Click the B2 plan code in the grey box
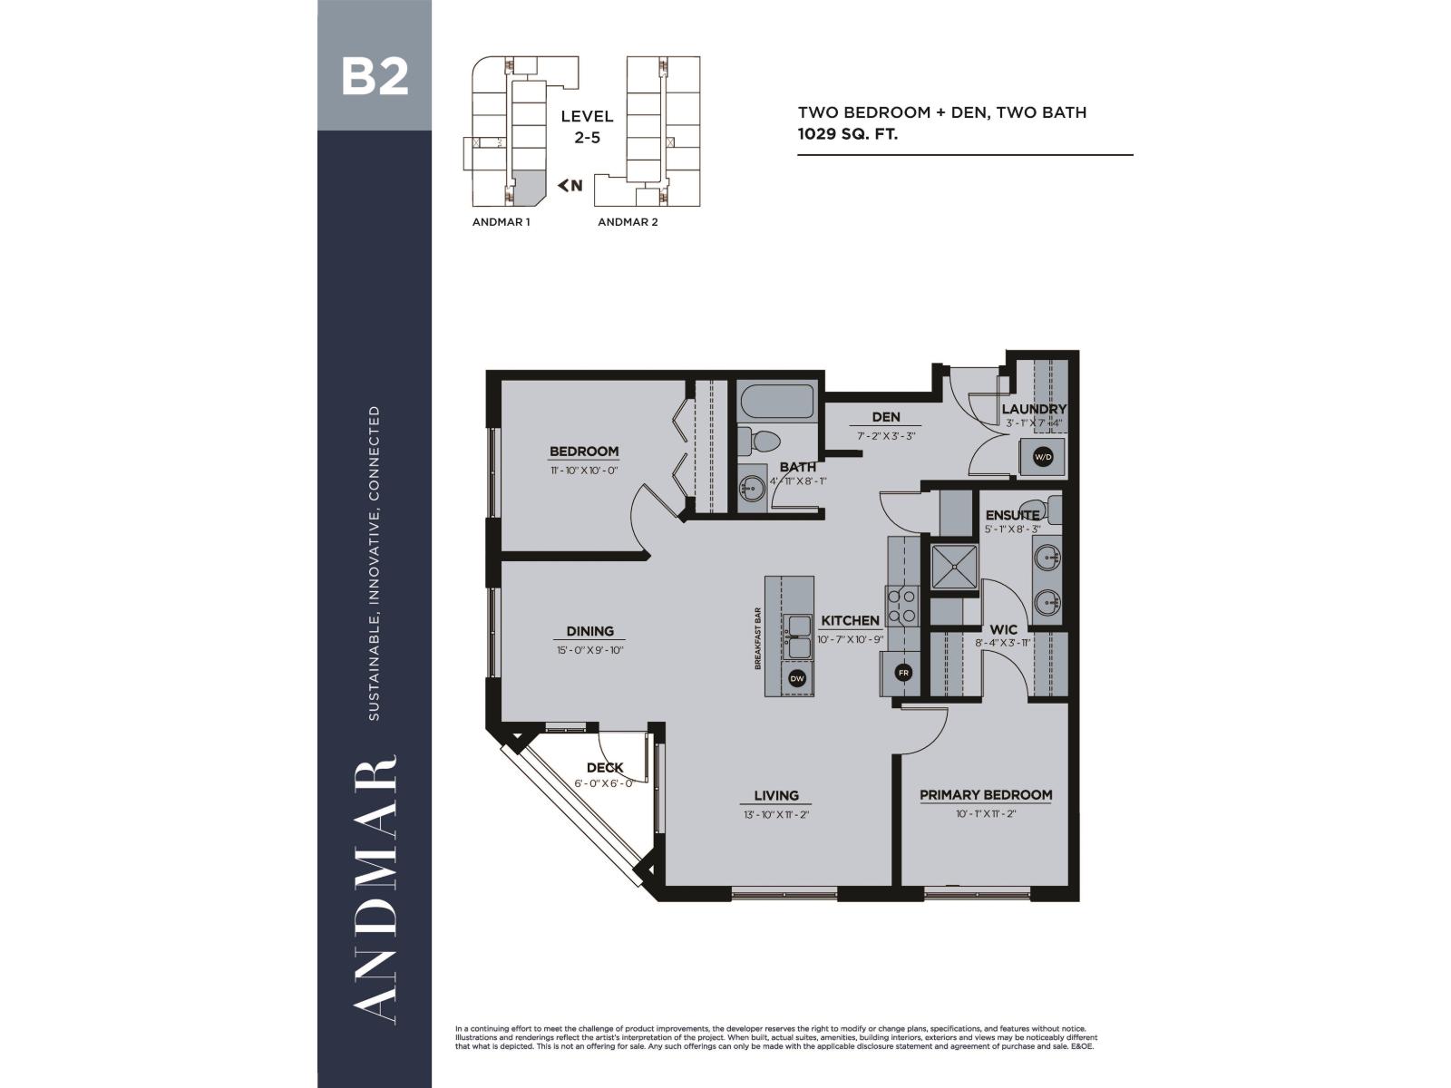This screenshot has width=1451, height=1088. coord(375,77)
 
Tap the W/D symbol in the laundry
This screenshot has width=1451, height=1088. coord(1043,457)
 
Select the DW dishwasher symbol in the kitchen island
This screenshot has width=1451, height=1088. coord(797,678)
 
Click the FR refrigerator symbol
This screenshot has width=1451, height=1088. coord(903,673)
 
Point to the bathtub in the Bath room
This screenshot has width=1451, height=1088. coord(776,400)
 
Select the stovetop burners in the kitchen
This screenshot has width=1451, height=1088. coord(902,606)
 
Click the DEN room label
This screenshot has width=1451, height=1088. coord(885,417)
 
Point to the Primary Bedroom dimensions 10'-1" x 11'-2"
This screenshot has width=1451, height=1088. coord(986,814)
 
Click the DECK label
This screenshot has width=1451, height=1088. coord(605,768)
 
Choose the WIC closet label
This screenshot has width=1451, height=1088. coord(1003,629)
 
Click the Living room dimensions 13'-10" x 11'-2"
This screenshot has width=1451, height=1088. coord(776,814)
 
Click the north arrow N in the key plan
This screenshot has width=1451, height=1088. coord(570,186)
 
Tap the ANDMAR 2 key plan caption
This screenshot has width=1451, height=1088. coord(628,221)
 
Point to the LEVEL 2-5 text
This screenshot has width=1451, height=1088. coord(587,127)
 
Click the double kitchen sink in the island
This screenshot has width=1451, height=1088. coord(799,636)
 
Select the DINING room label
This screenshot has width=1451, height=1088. coord(590,631)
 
